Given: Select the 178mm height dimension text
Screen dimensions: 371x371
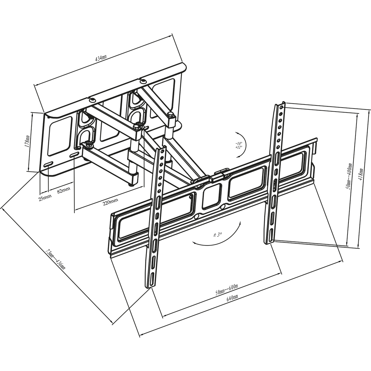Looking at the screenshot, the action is (x=27, y=141).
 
